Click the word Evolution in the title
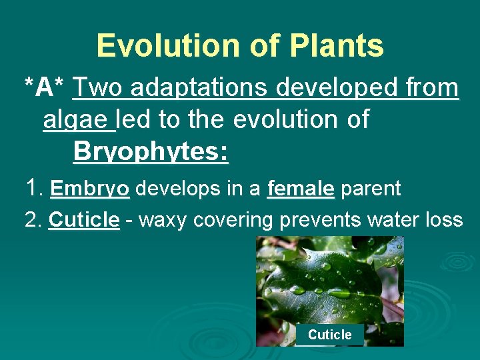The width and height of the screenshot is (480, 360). [151, 45]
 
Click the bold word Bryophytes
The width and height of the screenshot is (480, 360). [151, 151]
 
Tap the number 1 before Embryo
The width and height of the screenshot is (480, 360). [33, 189]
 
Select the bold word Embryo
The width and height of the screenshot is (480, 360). [89, 189]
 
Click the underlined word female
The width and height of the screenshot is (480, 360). [300, 189]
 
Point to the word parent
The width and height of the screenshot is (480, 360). [371, 189]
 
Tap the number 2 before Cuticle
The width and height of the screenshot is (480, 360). [32, 219]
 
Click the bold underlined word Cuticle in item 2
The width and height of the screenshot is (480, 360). [85, 219]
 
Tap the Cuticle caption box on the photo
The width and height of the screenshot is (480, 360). [329, 335]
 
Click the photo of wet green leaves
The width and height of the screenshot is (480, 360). [329, 280]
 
